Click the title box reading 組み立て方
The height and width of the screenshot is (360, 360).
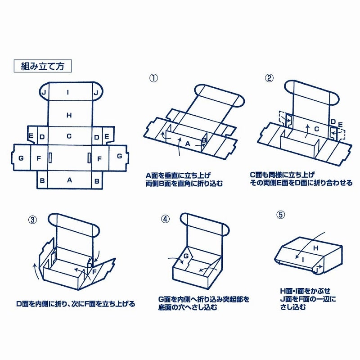pos(43,66)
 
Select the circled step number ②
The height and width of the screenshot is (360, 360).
pos(269,78)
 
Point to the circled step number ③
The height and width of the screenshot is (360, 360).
pos(33,220)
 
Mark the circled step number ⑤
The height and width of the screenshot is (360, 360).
pos(281,215)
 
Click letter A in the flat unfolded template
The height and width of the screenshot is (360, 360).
pos(69,180)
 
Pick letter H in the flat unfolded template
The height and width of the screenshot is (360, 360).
pos(69,115)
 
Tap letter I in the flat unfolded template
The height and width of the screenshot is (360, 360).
pos(68,93)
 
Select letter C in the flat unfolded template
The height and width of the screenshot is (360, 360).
pos(69,136)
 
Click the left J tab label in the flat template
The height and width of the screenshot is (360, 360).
pos(44,93)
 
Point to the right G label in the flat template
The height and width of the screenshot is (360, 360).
pos(119,156)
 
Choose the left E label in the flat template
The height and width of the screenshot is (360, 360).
pos(31,136)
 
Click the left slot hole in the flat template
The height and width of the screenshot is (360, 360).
pos(50,158)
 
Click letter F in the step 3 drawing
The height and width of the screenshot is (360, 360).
pos(94,271)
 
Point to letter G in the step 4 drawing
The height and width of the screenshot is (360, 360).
pos(184,256)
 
